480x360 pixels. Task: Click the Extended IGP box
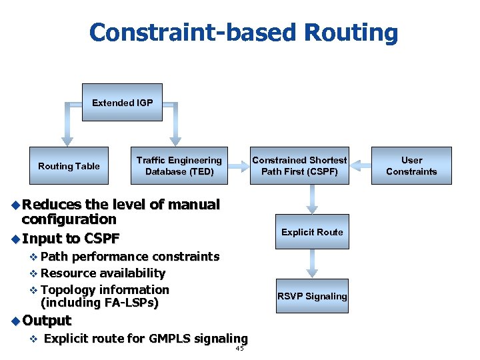122,103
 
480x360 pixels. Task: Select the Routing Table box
69,166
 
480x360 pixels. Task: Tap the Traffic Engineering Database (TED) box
179,166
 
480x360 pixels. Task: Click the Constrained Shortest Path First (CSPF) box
299,166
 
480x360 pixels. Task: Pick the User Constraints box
411,166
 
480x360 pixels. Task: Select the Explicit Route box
312,232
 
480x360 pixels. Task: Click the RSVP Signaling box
312,296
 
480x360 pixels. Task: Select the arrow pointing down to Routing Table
68,127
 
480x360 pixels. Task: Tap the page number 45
240,349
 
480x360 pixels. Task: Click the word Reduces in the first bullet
52,205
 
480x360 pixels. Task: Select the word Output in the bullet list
47,321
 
